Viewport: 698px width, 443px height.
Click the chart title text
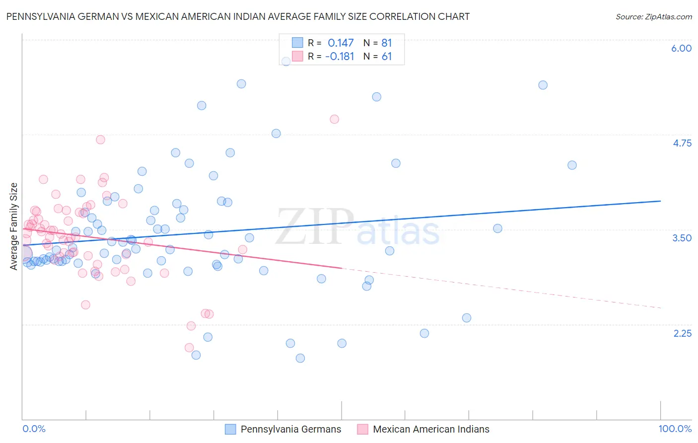point(238,16)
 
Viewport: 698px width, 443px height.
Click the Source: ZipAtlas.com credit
point(653,17)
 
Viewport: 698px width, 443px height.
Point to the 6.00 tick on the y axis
point(681,48)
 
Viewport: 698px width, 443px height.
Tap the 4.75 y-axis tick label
point(682,143)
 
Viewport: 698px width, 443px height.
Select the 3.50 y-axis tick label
point(682,238)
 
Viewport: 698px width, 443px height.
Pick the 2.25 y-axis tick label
point(682,333)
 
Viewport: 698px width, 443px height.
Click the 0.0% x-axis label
point(34,429)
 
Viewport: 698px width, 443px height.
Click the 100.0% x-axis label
point(675,429)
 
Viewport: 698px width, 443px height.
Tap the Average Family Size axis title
point(14,226)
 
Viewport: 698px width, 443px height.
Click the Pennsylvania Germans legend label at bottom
point(291,429)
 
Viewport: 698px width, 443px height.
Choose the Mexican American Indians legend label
point(431,429)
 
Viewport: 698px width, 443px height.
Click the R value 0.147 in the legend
point(341,43)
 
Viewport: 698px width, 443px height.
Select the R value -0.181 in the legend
point(340,57)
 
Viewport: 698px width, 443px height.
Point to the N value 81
point(386,43)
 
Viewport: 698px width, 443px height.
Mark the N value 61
point(386,57)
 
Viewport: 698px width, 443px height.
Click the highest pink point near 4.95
point(334,119)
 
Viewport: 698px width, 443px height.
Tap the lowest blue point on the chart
point(300,358)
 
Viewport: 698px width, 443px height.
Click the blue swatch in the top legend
point(297,43)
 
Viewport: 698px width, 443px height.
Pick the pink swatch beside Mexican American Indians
point(362,429)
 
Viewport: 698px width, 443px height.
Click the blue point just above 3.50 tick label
point(497,228)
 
